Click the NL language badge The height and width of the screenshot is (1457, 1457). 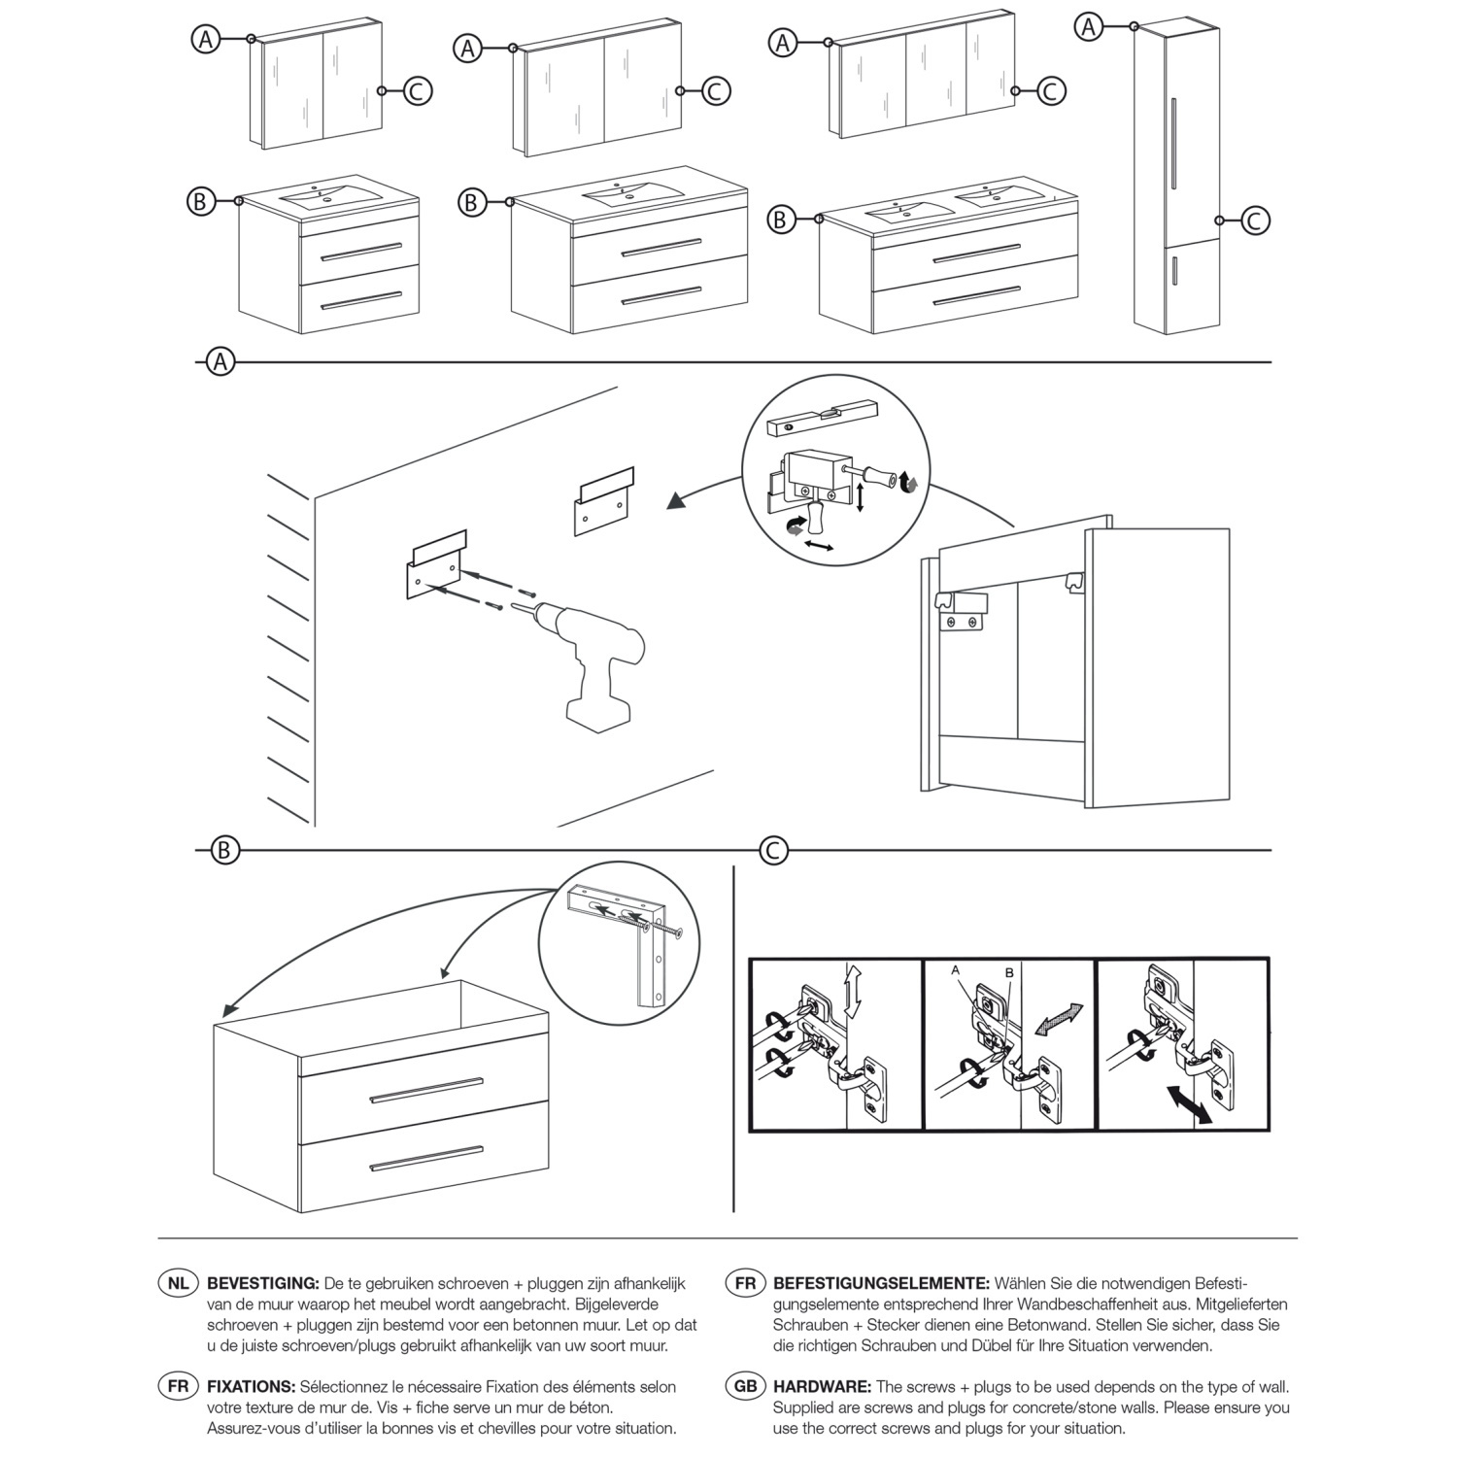[178, 1283]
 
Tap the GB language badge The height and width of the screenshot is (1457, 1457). [745, 1387]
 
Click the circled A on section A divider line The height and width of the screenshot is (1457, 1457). [221, 362]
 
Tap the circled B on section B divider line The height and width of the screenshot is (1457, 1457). [224, 851]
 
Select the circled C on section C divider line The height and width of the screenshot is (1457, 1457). [773, 851]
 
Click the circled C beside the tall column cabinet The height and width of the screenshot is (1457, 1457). [1254, 220]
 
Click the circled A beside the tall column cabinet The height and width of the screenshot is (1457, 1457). [1090, 26]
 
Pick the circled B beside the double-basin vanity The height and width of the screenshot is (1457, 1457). [779, 220]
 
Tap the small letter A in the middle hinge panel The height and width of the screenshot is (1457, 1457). [956, 969]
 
